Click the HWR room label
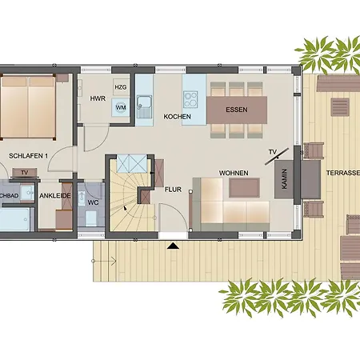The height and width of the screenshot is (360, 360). [98, 98]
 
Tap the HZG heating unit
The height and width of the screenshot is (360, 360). [121, 87]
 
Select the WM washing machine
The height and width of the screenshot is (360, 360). [121, 106]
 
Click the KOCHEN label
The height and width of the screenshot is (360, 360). [177, 117]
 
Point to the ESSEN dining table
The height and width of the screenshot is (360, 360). [237, 110]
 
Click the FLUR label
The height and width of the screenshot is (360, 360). [173, 190]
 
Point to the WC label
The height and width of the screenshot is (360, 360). [94, 202]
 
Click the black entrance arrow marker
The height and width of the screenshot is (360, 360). [171, 246]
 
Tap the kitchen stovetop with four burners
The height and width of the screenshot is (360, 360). [192, 100]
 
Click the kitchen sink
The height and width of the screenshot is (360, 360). [144, 102]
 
